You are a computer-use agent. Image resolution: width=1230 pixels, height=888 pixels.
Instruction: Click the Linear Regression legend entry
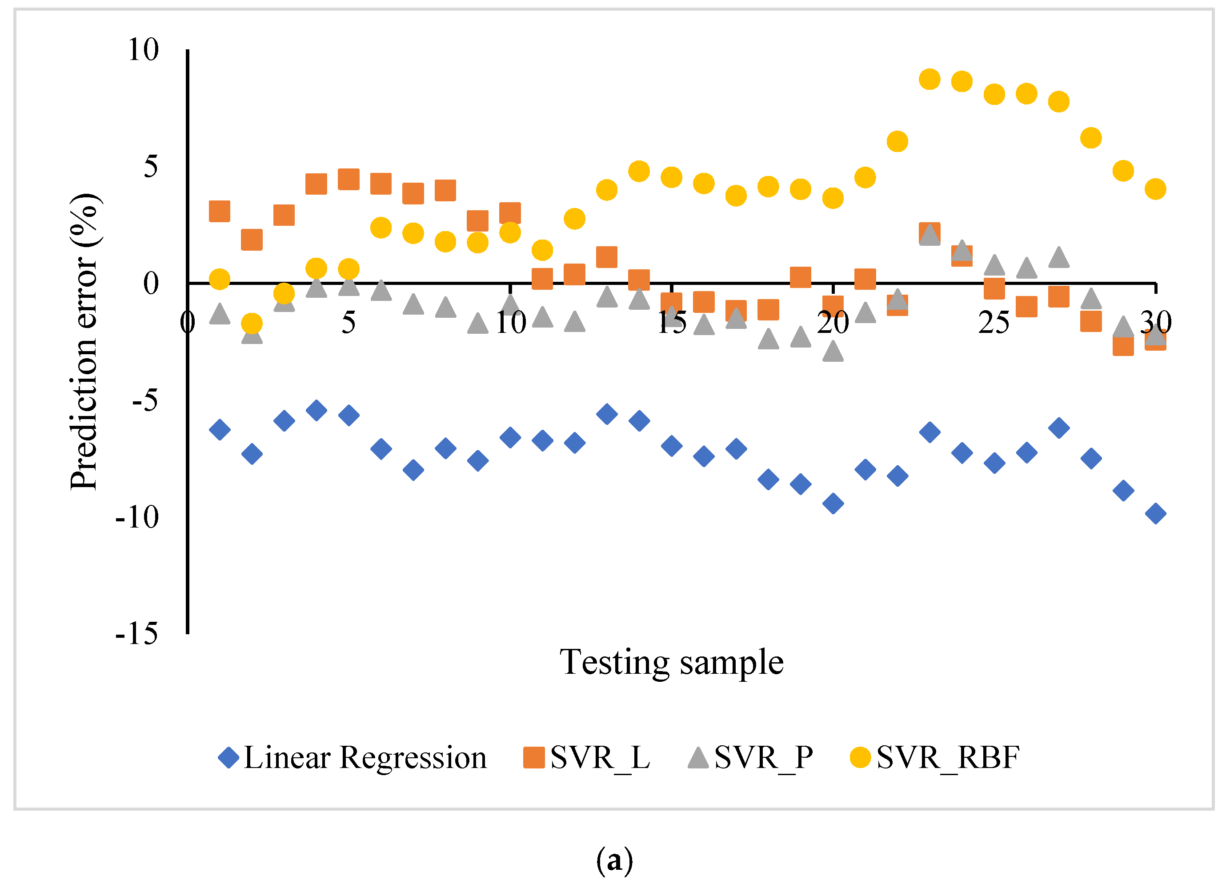coord(353,758)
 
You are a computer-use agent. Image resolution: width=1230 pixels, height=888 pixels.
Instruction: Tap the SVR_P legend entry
coord(751,758)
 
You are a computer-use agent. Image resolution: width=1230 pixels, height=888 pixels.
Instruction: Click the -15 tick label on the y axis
coord(136,633)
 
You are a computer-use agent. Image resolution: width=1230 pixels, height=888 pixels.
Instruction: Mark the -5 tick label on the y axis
coord(145,400)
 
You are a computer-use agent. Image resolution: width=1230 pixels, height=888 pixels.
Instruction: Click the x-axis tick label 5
coord(348,323)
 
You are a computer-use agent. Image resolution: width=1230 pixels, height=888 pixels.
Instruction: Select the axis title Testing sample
coord(671,663)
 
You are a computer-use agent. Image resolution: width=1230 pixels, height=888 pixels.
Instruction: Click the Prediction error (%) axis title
coord(84,341)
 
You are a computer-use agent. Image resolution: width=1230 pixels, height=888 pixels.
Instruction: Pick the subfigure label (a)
coord(614,860)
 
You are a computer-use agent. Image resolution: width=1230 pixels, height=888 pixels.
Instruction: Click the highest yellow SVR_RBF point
coord(930,80)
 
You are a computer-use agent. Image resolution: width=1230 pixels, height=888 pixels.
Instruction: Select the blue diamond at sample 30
coord(1155,513)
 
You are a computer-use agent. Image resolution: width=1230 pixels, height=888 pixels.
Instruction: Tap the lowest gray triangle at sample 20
coord(833,352)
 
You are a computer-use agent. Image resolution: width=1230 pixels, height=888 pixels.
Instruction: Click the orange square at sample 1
coord(220,212)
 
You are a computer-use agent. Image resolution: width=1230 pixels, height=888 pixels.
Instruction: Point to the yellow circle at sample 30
coord(1155,189)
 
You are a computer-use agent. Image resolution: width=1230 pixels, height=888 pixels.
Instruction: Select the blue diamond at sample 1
coord(220,430)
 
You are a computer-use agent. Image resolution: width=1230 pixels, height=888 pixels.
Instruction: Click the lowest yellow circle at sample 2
coord(252,324)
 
